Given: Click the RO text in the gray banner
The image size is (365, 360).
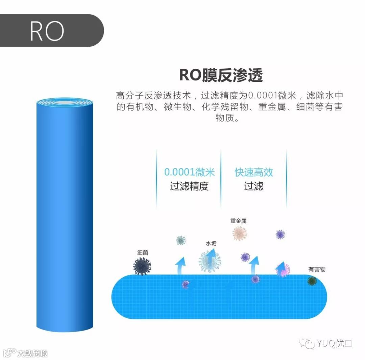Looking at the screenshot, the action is (47, 31).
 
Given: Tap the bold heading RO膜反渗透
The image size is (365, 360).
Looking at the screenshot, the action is (221, 75).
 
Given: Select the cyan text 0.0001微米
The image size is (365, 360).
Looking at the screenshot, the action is (189, 172).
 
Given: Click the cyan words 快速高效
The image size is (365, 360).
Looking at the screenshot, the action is (254, 172).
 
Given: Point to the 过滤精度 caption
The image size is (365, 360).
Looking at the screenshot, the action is (189, 186).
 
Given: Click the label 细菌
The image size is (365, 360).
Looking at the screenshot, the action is (143, 252).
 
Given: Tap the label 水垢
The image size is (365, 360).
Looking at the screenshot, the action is (211, 243).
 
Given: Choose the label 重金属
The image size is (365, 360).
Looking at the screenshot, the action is (239, 221).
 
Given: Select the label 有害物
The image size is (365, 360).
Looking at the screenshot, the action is (317, 269).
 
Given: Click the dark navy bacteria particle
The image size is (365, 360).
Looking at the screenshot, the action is (142, 266).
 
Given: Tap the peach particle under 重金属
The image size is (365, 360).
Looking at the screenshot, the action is (240, 233).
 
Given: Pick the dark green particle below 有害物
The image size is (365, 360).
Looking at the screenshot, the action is (312, 281).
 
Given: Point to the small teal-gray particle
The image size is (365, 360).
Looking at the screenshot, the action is (181, 241).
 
